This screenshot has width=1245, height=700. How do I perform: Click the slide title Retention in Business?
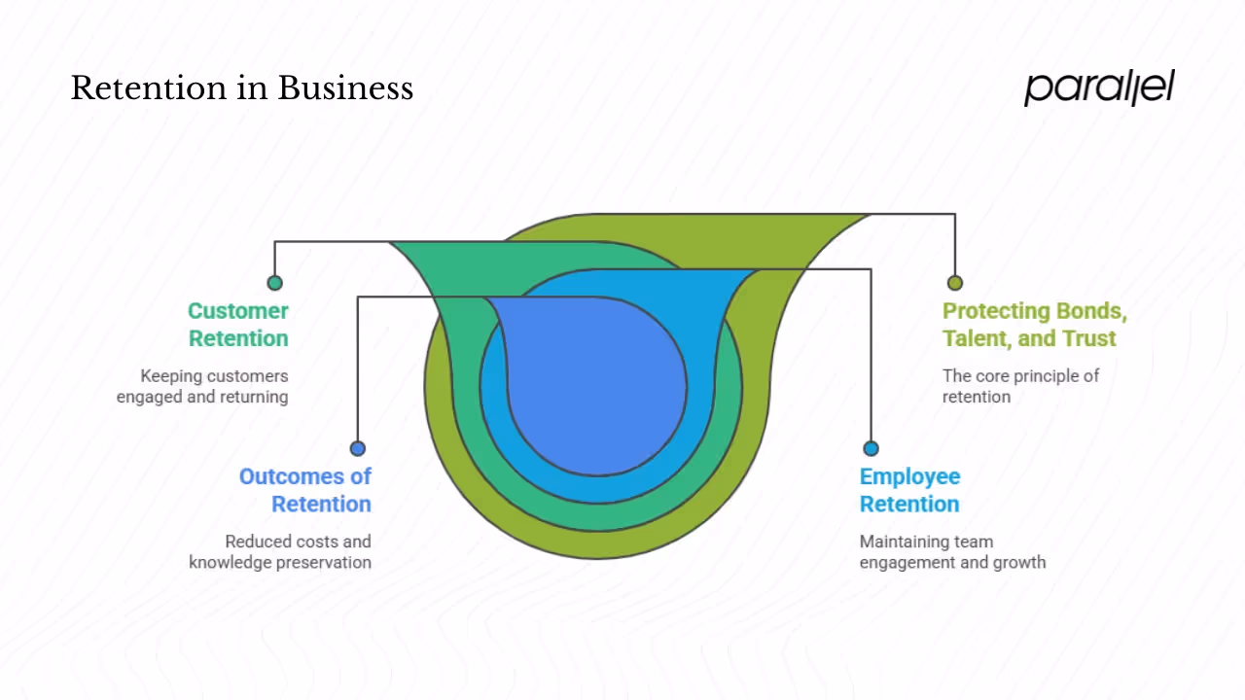pyautogui.click(x=241, y=88)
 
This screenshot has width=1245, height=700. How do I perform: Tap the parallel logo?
pyautogui.click(x=1099, y=87)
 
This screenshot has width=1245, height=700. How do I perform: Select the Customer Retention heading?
pyautogui.click(x=238, y=325)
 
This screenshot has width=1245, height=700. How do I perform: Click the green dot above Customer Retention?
pyautogui.click(x=275, y=283)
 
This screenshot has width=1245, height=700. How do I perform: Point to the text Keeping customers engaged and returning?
pyautogui.click(x=202, y=386)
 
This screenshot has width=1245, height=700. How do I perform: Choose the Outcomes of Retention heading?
pyautogui.click(x=305, y=490)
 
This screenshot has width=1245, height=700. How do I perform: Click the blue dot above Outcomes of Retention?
pyautogui.click(x=358, y=448)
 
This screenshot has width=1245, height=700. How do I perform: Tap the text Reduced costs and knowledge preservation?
pyautogui.click(x=280, y=551)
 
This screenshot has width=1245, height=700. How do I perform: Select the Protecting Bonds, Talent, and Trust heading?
pyautogui.click(x=1034, y=325)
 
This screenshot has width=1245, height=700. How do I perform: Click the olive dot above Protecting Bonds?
pyautogui.click(x=954, y=283)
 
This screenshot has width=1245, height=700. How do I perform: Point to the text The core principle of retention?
pyautogui.click(x=1020, y=386)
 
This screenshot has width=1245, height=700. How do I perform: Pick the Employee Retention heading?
pyautogui.click(x=909, y=490)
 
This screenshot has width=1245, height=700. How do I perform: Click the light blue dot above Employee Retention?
pyautogui.click(x=871, y=448)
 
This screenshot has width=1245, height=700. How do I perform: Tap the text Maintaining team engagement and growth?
pyautogui.click(x=952, y=551)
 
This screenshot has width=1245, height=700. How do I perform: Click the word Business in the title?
pyautogui.click(x=345, y=88)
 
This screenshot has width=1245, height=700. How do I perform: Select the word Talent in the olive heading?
pyautogui.click(x=978, y=338)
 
